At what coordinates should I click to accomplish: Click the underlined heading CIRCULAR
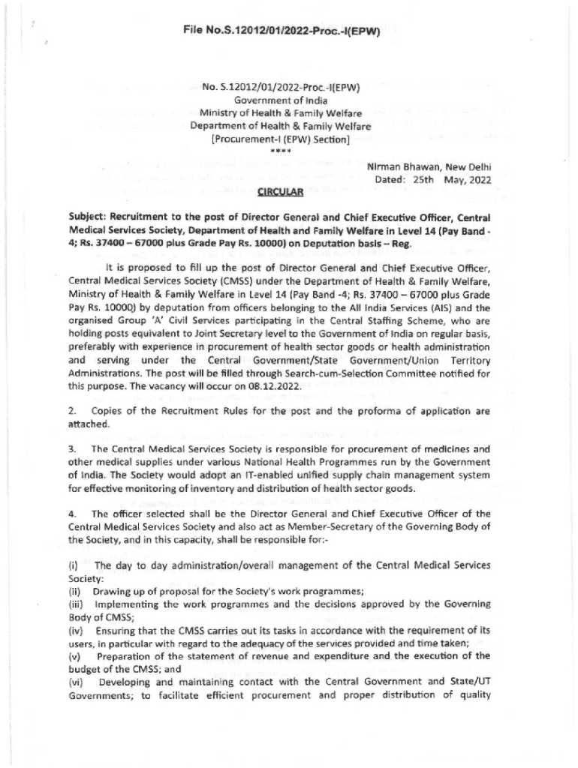click(280, 191)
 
